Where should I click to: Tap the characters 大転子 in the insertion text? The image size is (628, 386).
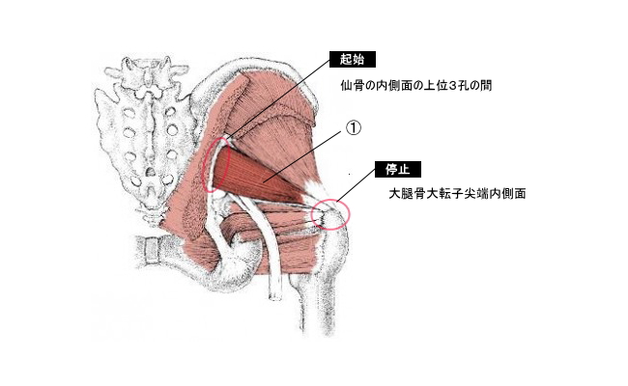[x=447, y=194]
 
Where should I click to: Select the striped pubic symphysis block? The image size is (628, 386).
[x=150, y=249]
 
